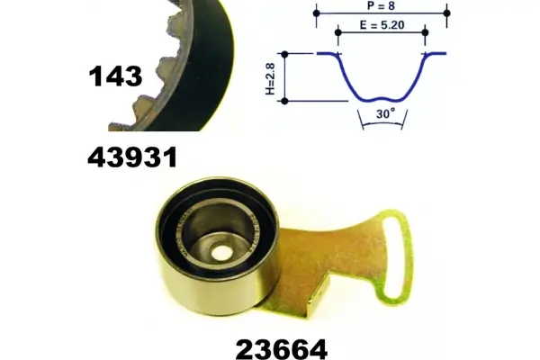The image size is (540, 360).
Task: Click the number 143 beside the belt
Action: (x=116, y=76)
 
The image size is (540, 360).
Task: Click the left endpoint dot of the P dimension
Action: (x=316, y=13)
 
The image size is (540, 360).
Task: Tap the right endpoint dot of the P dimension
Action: (x=447, y=13)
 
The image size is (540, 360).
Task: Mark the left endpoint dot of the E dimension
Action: (x=338, y=33)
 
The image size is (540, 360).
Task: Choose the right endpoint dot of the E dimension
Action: (x=425, y=33)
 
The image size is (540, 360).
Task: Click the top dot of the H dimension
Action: (x=285, y=54)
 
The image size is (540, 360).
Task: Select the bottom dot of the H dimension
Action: (x=285, y=100)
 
